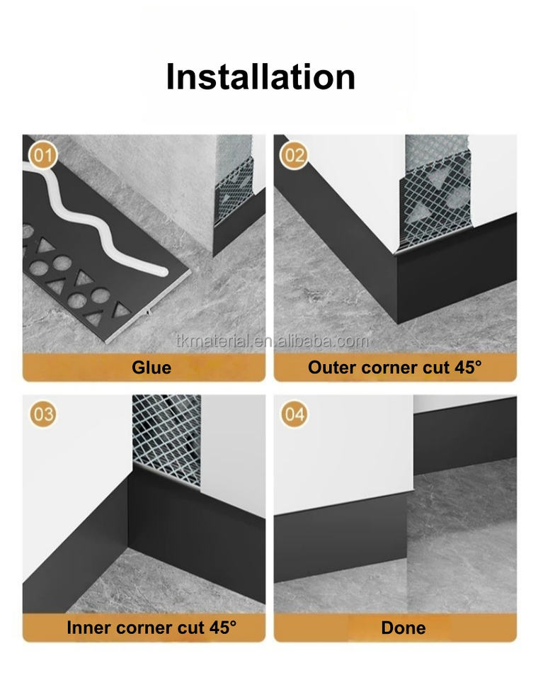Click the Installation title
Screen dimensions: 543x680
[261, 76]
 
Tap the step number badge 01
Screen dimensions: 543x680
[43, 155]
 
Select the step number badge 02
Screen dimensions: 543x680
[295, 155]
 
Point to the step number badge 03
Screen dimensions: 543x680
[43, 414]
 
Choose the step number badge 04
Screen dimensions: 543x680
[295, 414]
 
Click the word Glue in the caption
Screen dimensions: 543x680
[152, 368]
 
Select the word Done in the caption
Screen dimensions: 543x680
[404, 628]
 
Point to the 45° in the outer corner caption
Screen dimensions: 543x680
[468, 367]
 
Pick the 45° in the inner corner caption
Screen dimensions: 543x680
[223, 627]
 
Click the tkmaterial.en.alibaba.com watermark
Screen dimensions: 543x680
[272, 341]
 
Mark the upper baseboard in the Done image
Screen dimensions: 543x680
[465, 436]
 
